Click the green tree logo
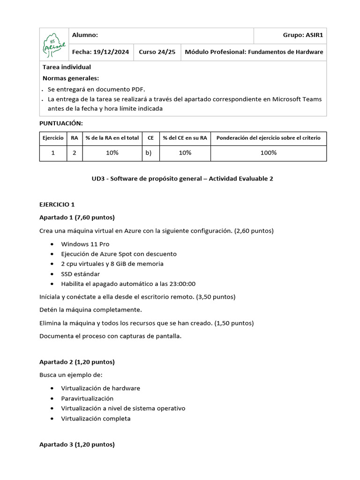pyautogui.click(x=54, y=44)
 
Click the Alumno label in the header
pyautogui.click(x=85, y=35)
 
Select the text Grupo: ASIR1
pyautogui.click(x=303, y=35)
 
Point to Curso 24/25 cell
pyautogui.click(x=157, y=52)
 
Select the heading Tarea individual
pyautogui.click(x=67, y=67)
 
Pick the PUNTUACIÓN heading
pyautogui.click(x=61, y=123)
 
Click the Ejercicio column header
pyautogui.click(x=53, y=138)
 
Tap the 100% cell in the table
pyautogui.click(x=268, y=153)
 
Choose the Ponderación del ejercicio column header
pyautogui.click(x=268, y=138)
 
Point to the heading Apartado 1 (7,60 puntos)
pyautogui.click(x=77, y=217)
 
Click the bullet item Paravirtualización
pyautogui.click(x=87, y=398)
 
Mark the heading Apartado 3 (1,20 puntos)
pyautogui.click(x=77, y=444)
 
